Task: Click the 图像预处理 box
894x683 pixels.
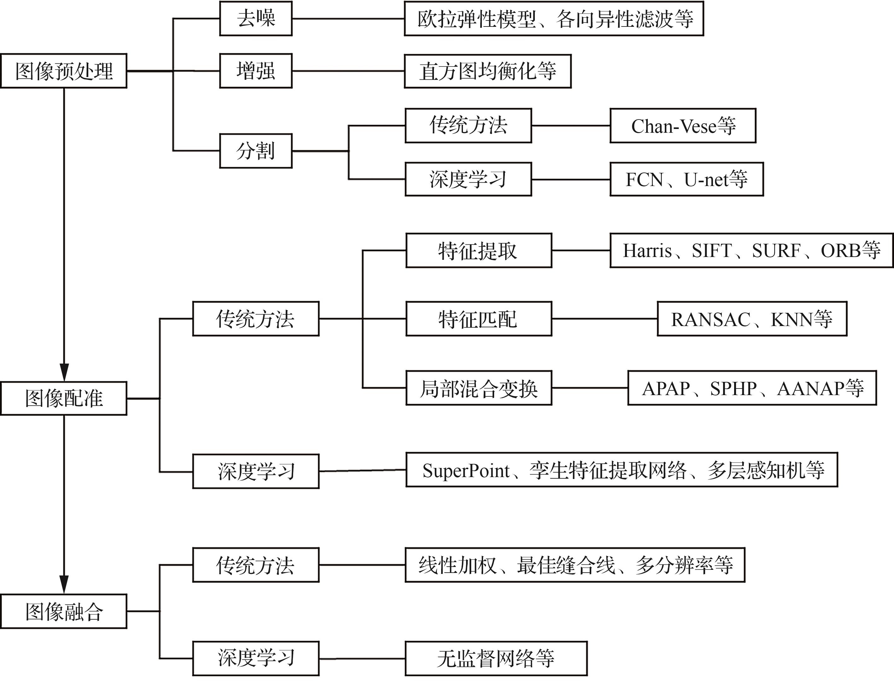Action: pyautogui.click(x=64, y=71)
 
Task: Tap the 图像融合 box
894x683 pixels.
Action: pyautogui.click(x=64, y=611)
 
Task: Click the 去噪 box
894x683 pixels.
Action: pyautogui.click(x=256, y=19)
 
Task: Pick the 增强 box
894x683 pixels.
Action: pyautogui.click(x=256, y=71)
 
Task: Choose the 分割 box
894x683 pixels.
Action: pyautogui.click(x=256, y=151)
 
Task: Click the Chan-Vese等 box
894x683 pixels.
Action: pyautogui.click(x=683, y=126)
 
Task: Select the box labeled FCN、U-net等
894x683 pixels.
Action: pyautogui.click(x=686, y=179)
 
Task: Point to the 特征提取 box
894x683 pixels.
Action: pyautogui.click(x=478, y=250)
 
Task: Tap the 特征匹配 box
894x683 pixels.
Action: pyautogui.click(x=478, y=319)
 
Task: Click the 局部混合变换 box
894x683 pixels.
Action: pyautogui.click(x=478, y=388)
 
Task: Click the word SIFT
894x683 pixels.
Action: pyautogui.click(x=711, y=251)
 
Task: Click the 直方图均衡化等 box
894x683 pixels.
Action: pyautogui.click(x=488, y=71)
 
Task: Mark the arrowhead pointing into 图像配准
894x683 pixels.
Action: pyautogui.click(x=64, y=372)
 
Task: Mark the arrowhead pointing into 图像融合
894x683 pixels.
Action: pyautogui.click(x=64, y=585)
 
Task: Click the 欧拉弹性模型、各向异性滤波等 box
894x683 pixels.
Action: pyautogui.click(x=554, y=19)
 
